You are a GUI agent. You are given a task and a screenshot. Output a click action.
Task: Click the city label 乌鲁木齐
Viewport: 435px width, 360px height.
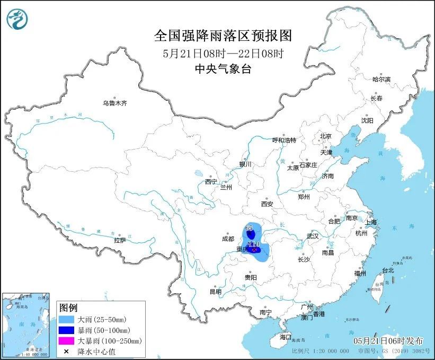[x=114, y=103]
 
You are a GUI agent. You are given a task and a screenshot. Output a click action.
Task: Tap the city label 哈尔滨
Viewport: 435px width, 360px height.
[x=380, y=79]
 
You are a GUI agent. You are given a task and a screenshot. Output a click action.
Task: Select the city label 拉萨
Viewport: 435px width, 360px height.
[x=120, y=240]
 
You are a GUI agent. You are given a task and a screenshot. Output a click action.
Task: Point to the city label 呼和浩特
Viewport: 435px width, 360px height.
[x=283, y=140]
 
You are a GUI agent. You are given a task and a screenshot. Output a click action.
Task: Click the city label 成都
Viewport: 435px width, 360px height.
[x=228, y=239]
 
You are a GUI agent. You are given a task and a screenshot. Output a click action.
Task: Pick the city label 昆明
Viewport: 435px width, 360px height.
[x=215, y=291]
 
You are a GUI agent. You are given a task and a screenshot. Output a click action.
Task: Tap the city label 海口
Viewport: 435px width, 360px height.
[x=286, y=337]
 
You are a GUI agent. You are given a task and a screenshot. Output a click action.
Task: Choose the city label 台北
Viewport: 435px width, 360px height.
[x=388, y=270]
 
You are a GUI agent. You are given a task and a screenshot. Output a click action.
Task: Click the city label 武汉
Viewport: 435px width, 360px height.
[x=313, y=236]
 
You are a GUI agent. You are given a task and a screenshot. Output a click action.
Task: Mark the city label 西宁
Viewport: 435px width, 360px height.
[x=211, y=182]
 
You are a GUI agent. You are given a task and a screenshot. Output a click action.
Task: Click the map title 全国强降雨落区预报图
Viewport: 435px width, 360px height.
[x=223, y=36]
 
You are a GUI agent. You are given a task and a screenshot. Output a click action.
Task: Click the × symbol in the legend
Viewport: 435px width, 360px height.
[x=67, y=350]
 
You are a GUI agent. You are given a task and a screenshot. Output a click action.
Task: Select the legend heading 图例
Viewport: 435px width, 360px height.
[x=68, y=308]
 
